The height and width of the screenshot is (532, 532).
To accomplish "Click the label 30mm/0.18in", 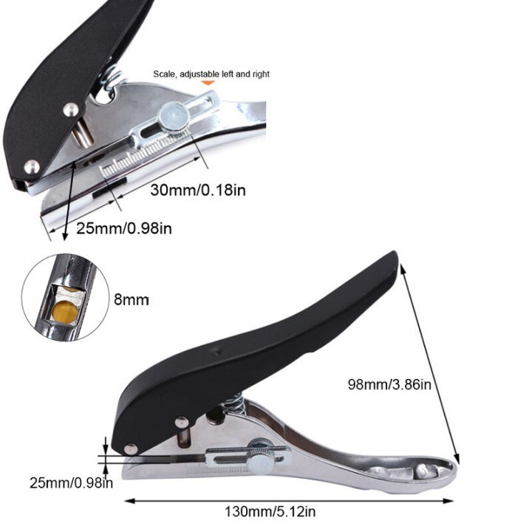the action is coord(198,190).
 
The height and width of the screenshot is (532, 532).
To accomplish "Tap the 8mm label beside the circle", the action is coord(132,299).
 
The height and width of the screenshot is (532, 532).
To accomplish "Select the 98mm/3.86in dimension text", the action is coord(389,384).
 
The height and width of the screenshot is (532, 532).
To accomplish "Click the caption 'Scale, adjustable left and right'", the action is coord(211,74).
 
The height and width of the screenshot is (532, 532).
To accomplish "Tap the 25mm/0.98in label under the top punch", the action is coord(124,229).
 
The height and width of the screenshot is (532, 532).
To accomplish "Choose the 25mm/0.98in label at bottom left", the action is coord(71,483).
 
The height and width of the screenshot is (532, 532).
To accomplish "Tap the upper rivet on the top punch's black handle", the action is coord(69,109).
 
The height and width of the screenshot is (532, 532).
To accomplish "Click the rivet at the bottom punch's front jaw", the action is coord(131,448).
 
